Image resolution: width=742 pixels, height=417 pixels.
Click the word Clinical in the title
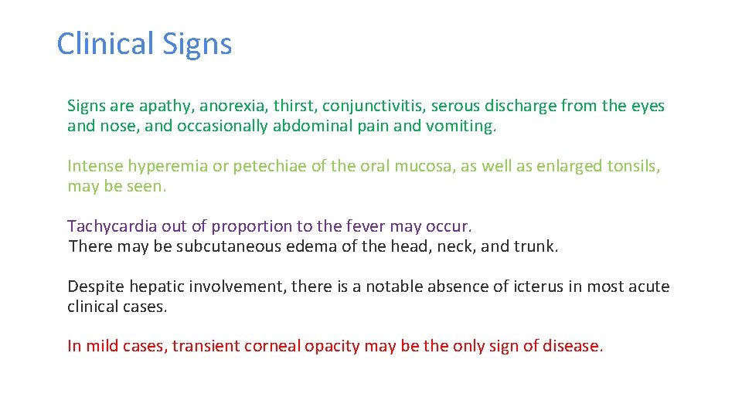(x=95, y=44)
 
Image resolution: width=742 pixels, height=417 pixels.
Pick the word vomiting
(x=461, y=127)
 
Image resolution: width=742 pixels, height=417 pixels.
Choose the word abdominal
(x=315, y=126)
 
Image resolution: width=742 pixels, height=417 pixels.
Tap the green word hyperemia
(x=164, y=167)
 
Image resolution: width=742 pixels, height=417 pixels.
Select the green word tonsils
(x=633, y=166)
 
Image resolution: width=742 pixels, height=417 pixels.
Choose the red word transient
(x=206, y=346)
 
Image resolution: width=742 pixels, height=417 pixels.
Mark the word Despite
(x=95, y=286)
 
